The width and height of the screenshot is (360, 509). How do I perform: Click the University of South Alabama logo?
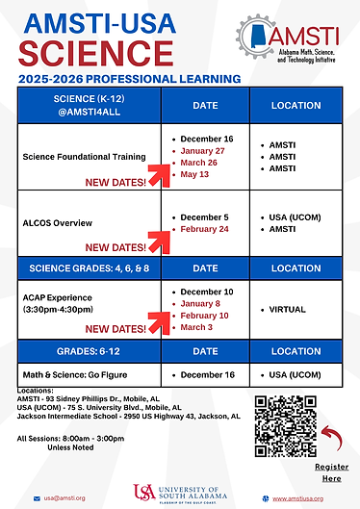[180, 495]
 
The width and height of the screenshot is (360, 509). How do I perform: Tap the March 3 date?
[197, 327]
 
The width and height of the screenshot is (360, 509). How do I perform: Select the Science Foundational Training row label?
[84, 156]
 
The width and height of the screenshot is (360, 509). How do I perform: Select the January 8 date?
[201, 303]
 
